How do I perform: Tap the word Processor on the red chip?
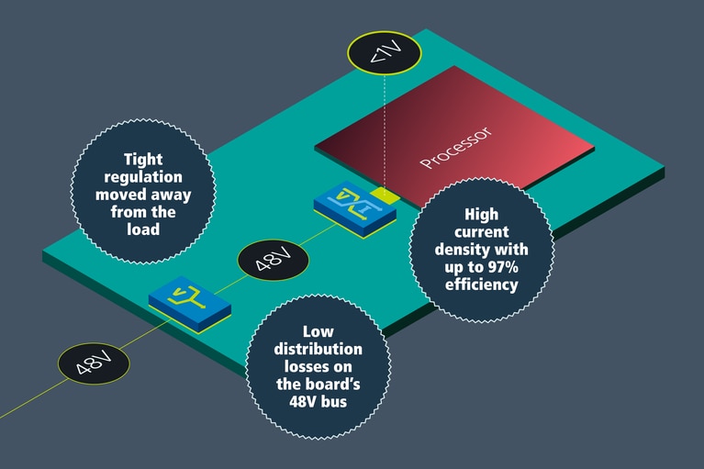457,148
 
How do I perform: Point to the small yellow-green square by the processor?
388,195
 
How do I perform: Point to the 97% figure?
506,267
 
